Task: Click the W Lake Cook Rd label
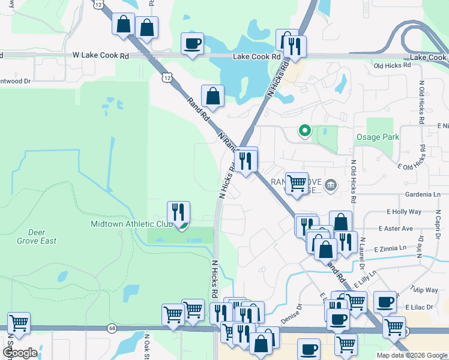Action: (x=100, y=56)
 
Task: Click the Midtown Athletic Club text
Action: (x=131, y=224)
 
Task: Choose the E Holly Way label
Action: (x=405, y=212)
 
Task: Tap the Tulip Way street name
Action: (x=425, y=290)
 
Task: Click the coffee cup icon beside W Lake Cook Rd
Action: (x=192, y=43)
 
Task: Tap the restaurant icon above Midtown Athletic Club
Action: (x=178, y=212)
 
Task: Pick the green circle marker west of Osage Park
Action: (x=305, y=130)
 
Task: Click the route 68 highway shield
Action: (x=112, y=328)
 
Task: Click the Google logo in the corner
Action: (x=20, y=353)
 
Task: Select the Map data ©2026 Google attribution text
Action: (x=411, y=355)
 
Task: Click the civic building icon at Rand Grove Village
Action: (x=330, y=187)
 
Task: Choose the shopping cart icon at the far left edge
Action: (x=19, y=322)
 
